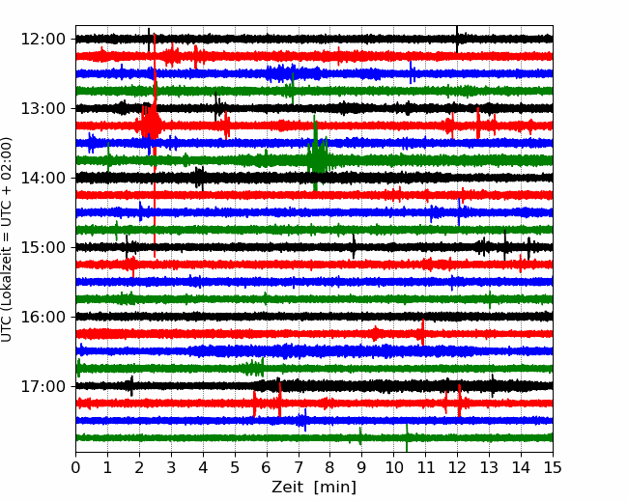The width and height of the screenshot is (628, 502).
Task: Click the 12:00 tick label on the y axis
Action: coord(43,40)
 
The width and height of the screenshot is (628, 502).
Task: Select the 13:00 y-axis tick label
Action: coord(43,108)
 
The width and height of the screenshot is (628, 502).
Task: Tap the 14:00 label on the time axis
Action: coord(43,178)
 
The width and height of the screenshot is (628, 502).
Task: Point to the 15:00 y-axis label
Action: coord(43,247)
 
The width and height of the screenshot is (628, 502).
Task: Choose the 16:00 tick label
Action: coord(43,317)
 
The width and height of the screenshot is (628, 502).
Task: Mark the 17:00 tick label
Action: coord(43,386)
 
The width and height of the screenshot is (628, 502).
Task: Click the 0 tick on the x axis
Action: coord(75,467)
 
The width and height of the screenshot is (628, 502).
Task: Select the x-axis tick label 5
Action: coord(235,467)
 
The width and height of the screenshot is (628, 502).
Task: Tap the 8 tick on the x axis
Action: coord(330,467)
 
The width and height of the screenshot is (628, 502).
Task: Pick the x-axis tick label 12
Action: coord(457,467)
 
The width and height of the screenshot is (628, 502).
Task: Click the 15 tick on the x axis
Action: coord(553,467)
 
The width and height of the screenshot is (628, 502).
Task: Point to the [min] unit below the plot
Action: coord(335,488)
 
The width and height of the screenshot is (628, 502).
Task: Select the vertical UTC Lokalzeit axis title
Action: coord(7,239)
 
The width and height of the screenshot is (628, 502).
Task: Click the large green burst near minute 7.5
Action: coord(318,154)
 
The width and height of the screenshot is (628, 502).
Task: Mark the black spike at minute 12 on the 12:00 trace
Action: coord(457,39)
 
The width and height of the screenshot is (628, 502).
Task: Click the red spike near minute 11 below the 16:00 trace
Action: coord(422,332)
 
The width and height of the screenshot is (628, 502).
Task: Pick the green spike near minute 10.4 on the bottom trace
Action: coord(407,437)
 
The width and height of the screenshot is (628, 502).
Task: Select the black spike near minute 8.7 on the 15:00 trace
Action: coord(354,246)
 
